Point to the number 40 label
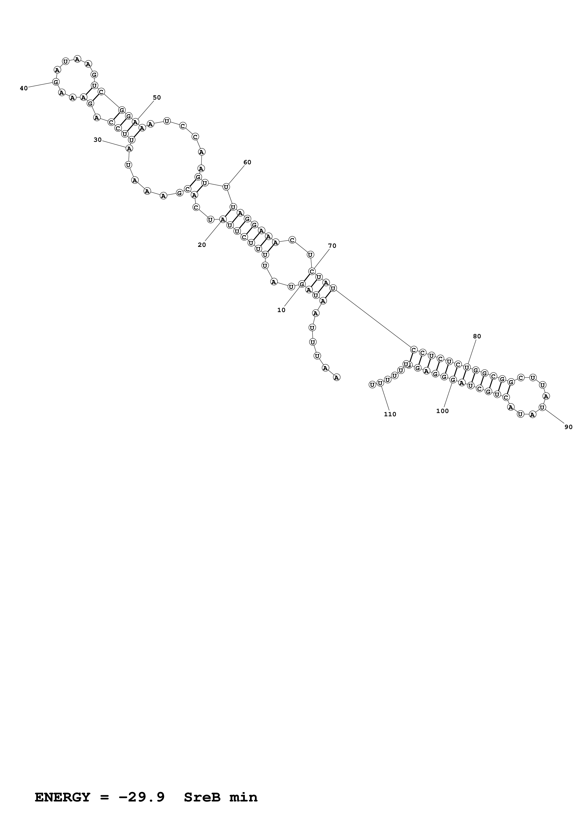(24, 88)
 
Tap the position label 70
(332, 246)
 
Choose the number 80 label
(477, 336)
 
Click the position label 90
(568, 427)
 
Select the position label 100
(442, 411)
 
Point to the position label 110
(390, 414)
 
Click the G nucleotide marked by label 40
(56, 82)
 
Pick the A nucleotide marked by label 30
(129, 148)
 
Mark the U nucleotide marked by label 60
(226, 187)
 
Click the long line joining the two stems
(373, 319)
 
